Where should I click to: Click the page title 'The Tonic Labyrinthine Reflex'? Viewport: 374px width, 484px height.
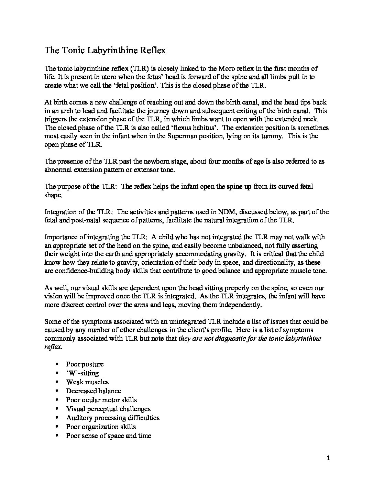[x=105, y=51]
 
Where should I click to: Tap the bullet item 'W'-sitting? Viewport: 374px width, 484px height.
[x=82, y=373]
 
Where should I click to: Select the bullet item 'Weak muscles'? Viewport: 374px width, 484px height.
[x=87, y=382]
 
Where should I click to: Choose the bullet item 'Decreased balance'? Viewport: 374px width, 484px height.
[x=93, y=391]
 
